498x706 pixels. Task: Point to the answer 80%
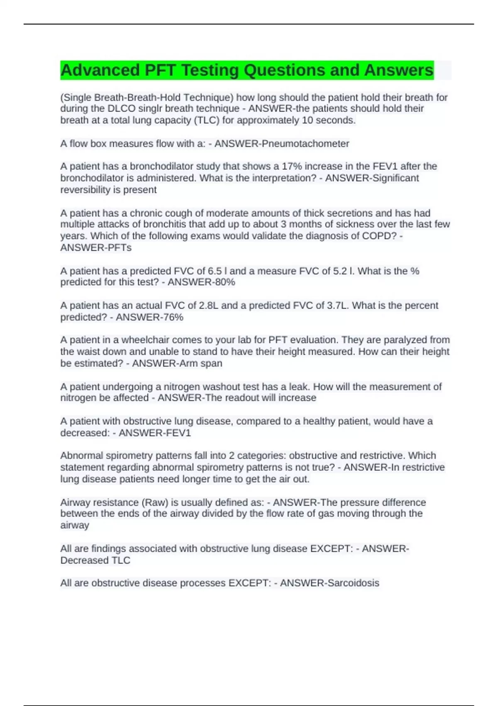[x=225, y=282]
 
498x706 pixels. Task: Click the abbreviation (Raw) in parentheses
[x=155, y=503]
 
